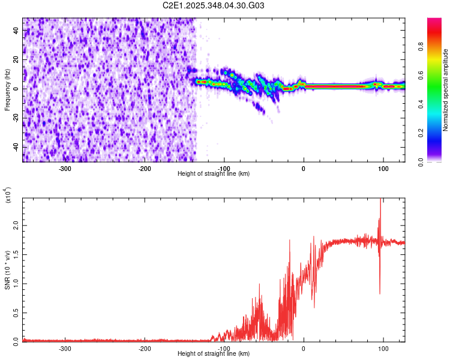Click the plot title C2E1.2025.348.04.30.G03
[214, 5]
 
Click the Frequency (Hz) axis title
[7, 89]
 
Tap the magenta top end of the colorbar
[434, 20]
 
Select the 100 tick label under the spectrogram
[383, 169]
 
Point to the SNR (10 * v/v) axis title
[7, 269]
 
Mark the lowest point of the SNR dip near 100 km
[380, 293]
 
